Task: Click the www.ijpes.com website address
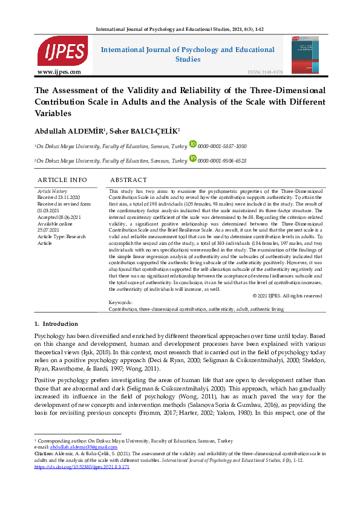[x=59, y=72]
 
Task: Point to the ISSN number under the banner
[x=265, y=72]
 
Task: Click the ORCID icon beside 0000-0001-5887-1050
[x=193, y=144]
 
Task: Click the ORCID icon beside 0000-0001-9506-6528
[x=193, y=160]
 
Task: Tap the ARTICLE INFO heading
[x=62, y=180]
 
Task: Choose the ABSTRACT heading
[x=128, y=180]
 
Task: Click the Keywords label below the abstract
[x=120, y=302]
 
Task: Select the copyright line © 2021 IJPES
[x=287, y=296]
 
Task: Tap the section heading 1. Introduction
[x=56, y=324]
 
